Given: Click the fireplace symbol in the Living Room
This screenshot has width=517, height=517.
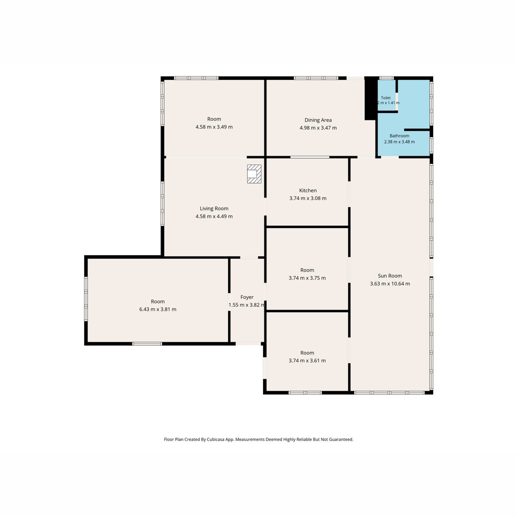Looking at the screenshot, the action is click(254, 174).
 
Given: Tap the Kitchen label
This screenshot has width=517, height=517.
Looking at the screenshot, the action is click(308, 191).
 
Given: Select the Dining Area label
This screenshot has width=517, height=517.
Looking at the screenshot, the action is click(318, 120).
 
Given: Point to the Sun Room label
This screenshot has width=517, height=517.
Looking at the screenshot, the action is click(390, 276).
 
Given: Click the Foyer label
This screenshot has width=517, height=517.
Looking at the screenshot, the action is click(247, 297).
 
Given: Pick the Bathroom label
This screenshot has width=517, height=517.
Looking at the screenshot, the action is click(399, 136).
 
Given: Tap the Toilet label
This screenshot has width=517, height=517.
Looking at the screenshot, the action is click(386, 98).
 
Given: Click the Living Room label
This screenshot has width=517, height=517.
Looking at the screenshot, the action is click(214, 209).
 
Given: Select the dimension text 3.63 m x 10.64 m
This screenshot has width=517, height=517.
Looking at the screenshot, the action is click(390, 284).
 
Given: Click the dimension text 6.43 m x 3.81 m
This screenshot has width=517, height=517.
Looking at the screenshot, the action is click(158, 309).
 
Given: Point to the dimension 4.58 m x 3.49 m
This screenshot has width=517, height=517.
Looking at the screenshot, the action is click(214, 127).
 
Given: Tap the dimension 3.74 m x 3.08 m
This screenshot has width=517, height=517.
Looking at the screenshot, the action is click(308, 198).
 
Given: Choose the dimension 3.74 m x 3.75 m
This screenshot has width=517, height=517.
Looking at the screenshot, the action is click(307, 278).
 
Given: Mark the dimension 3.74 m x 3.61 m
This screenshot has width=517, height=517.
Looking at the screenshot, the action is click(307, 360).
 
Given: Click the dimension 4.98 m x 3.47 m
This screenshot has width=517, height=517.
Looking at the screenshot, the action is click(318, 128).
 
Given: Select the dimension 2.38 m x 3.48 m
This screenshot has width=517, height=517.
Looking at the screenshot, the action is click(399, 142).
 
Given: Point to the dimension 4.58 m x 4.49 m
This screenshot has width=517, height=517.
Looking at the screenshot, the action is click(214, 216).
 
